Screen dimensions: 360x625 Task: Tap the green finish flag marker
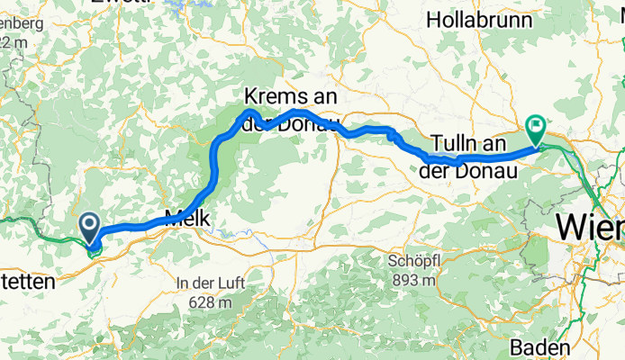(x=537, y=130)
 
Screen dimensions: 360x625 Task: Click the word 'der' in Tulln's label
(x=439, y=168)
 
